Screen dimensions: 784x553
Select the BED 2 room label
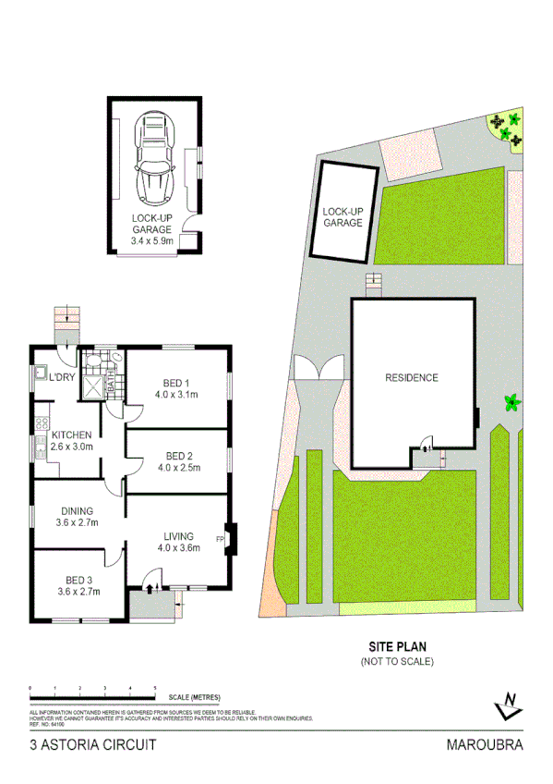point(179,455)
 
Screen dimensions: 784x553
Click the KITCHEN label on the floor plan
point(71,435)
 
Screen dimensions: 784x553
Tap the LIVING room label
point(179,534)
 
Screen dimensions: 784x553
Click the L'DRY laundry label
point(62,376)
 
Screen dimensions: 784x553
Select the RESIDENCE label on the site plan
point(412,377)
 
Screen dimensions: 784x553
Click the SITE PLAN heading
point(397,648)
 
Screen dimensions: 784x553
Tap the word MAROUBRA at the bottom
point(484,744)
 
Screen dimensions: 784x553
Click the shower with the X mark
point(94,387)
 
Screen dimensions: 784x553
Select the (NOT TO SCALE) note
point(397,662)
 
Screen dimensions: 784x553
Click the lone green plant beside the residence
point(509,402)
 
